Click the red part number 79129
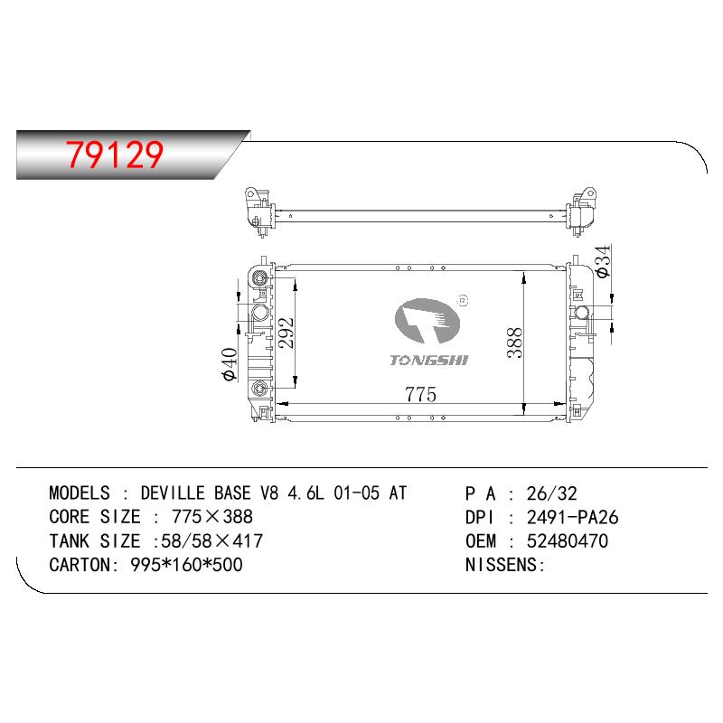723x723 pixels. point(115,154)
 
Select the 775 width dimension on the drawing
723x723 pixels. point(420,394)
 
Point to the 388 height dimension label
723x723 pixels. point(514,343)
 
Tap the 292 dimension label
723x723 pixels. point(286,333)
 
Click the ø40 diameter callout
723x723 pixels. point(230,364)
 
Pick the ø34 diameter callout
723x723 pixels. point(603,261)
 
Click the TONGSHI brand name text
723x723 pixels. point(428,360)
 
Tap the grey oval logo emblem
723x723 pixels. point(427,321)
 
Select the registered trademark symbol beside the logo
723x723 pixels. point(463,301)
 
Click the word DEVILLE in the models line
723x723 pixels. point(173,493)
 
